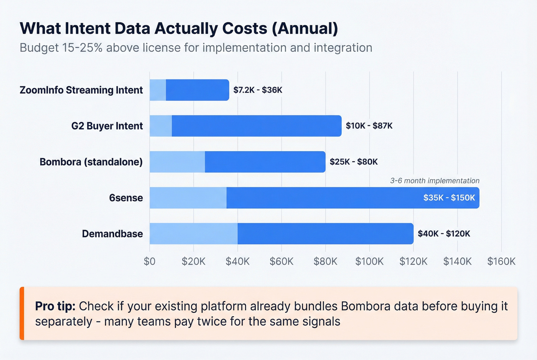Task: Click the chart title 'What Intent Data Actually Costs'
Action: (x=179, y=29)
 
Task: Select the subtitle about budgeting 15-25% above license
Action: (x=196, y=48)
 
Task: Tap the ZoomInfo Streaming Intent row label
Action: (x=81, y=90)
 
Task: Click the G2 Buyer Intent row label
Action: (x=107, y=126)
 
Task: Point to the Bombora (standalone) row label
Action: (x=91, y=162)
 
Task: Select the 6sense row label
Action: (x=126, y=198)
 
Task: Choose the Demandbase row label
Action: (x=112, y=234)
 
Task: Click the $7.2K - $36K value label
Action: (x=258, y=90)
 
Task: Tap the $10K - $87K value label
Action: (x=369, y=126)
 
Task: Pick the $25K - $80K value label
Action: (x=354, y=162)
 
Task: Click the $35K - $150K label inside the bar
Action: (x=449, y=198)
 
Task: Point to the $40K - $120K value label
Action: (x=444, y=234)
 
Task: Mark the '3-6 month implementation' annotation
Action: (x=435, y=181)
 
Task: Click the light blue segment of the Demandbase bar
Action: (x=193, y=234)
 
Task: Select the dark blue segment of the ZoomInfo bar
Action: (x=197, y=90)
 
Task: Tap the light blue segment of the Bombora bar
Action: (x=177, y=162)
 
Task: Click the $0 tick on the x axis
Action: (x=150, y=261)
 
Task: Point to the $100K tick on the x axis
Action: (x=369, y=261)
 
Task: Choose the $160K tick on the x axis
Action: (x=501, y=261)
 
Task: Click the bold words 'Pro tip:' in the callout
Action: (x=55, y=306)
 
